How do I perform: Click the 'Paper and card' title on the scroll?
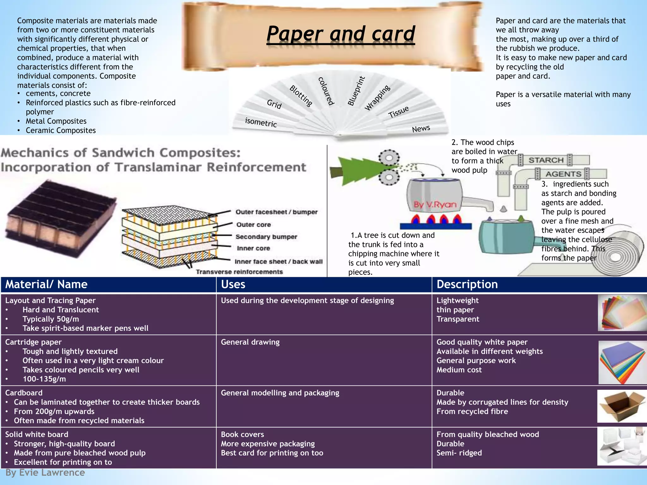(341, 34)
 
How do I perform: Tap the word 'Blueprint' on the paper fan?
(356, 91)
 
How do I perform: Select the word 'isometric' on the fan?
(261, 122)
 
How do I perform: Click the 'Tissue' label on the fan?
(398, 112)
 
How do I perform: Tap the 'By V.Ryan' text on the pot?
(435, 205)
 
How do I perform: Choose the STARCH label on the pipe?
(546, 160)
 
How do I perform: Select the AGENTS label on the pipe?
(563, 174)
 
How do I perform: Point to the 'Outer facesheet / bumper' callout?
(276, 212)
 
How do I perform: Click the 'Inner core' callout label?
(253, 248)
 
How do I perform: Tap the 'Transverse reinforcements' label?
(239, 272)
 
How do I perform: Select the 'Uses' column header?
(233, 284)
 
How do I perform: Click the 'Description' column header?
(467, 284)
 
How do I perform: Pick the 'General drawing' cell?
(250, 342)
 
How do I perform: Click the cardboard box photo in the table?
(621, 406)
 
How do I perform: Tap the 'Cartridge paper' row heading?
(33, 342)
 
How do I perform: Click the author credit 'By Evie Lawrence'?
(45, 473)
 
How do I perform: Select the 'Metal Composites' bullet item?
(56, 121)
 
